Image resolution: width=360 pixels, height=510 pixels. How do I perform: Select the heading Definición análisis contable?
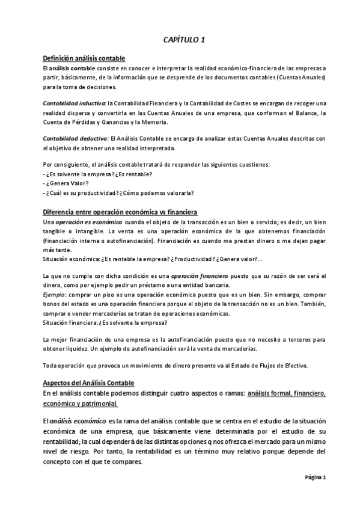point(84,58)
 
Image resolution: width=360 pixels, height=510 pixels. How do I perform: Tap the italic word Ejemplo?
point(53,295)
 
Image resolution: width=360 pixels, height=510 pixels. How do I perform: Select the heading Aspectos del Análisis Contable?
point(89,383)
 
